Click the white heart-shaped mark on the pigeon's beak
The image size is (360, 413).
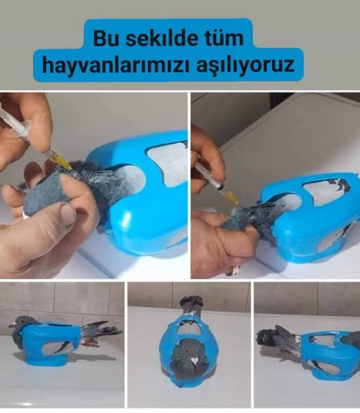click(194, 360)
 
